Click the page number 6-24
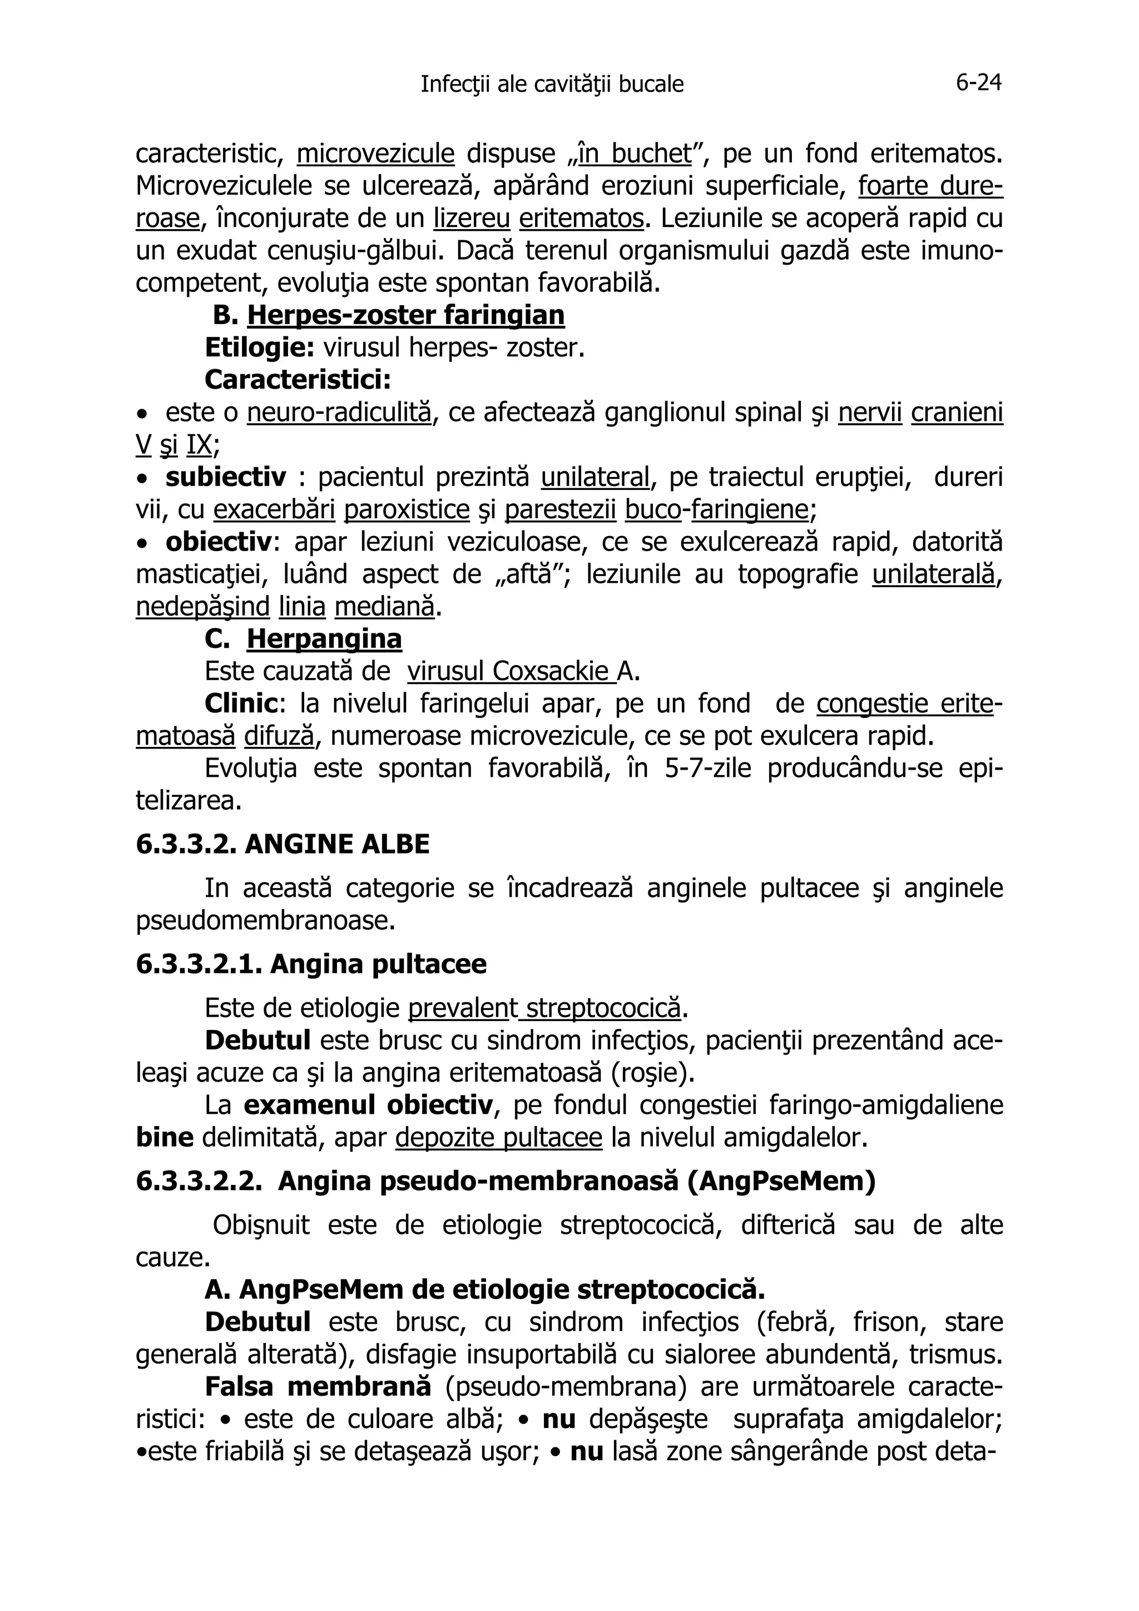point(978,83)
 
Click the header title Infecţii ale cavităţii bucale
point(552,85)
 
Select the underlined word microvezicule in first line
point(375,153)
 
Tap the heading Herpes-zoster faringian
point(405,316)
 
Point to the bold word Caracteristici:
point(298,380)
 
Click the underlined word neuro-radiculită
point(339,413)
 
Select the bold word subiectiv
point(226,478)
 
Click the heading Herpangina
point(324,639)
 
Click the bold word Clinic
point(240,704)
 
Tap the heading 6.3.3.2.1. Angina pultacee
point(311,964)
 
